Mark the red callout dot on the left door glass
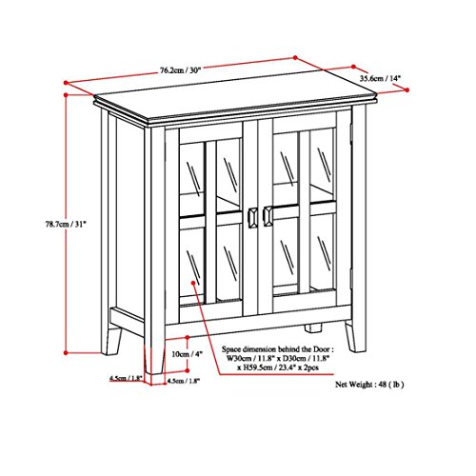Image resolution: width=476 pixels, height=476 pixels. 194,282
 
